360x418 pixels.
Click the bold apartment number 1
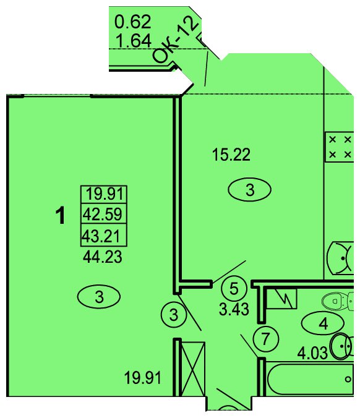(x=61, y=216)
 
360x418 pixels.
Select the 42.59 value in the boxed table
(x=103, y=214)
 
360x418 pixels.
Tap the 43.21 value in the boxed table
(x=101, y=236)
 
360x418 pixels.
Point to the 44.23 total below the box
(x=103, y=257)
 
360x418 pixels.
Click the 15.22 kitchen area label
(x=231, y=155)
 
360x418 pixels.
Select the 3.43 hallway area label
(x=234, y=310)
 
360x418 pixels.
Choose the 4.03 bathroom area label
(x=312, y=353)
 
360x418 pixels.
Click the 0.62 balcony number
(x=133, y=22)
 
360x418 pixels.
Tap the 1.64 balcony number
(x=134, y=41)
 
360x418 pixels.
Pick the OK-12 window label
(x=176, y=41)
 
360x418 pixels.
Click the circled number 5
(x=234, y=288)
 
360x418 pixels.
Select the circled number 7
(x=265, y=339)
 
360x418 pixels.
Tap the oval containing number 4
(x=323, y=323)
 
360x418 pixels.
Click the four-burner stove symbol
(x=340, y=147)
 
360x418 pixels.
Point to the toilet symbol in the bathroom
(x=338, y=301)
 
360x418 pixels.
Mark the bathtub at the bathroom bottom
(x=311, y=379)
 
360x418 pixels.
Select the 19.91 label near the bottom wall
(x=143, y=378)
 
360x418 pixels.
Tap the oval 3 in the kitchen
(x=250, y=190)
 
